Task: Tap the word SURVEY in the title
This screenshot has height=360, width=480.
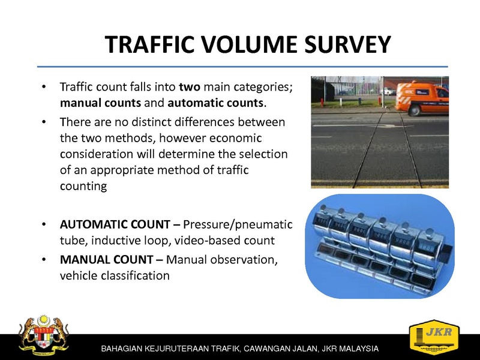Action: coord(348,44)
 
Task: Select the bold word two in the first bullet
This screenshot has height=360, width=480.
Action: coord(190,87)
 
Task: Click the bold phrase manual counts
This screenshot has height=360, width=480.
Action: coord(100,103)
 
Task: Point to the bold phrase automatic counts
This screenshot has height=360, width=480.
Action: coord(215,103)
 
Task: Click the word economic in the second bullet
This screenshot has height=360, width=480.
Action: coord(236,138)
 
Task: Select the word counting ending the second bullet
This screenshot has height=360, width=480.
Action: coord(83,186)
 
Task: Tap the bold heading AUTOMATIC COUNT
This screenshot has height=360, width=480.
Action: coord(115,224)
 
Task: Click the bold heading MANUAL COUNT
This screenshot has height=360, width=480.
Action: coord(107,260)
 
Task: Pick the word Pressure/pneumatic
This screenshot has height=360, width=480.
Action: coord(238,224)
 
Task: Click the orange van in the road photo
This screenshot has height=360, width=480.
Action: coord(422,98)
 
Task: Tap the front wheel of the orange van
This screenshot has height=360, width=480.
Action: coord(414,110)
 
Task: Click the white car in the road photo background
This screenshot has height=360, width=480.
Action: coord(388,91)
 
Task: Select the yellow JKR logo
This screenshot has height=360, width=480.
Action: coord(434,337)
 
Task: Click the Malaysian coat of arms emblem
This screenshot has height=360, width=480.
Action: coord(43,334)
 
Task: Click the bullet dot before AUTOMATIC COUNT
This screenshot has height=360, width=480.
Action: coord(44,224)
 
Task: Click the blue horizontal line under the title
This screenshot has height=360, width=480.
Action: coord(242,67)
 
